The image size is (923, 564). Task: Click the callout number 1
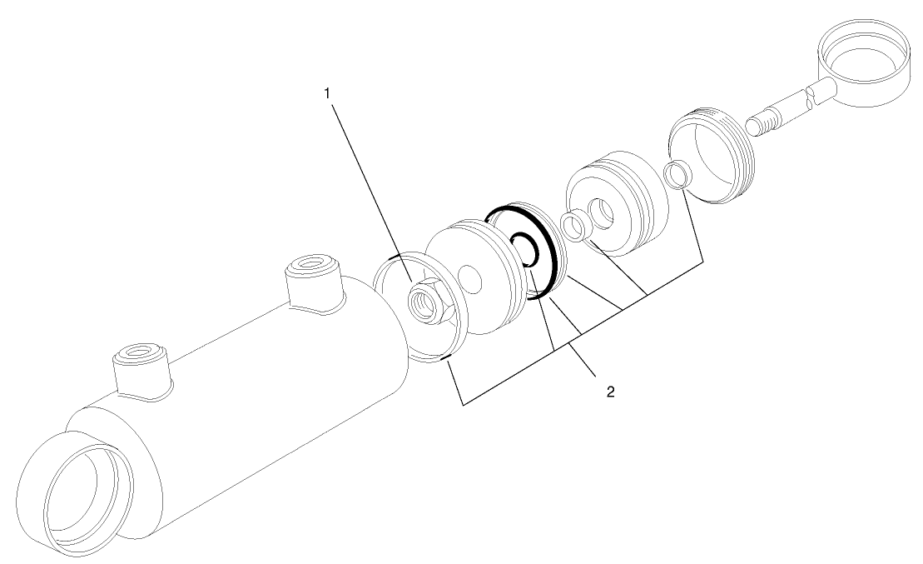(x=328, y=93)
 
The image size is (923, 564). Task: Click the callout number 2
(x=610, y=391)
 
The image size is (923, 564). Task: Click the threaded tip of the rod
(x=757, y=125)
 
